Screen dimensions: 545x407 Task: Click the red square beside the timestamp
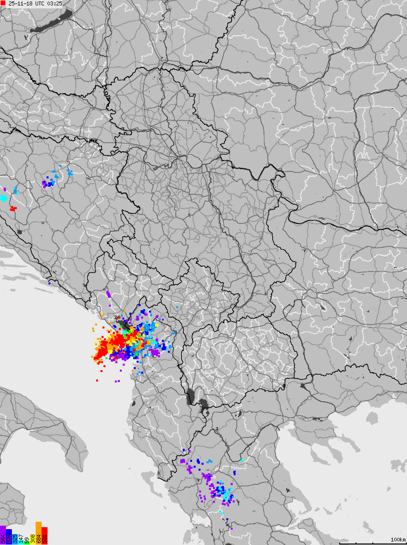click(x=3, y=3)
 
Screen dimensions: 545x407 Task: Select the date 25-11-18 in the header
click(x=20, y=3)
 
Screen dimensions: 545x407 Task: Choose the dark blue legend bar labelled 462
click(x=9, y=537)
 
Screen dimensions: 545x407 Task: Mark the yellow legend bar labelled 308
click(x=33, y=539)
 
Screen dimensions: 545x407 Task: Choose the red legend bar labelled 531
click(x=45, y=536)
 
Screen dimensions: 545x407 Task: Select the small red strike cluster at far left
click(x=13, y=209)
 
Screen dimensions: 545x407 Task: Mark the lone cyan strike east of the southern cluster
click(x=242, y=460)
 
